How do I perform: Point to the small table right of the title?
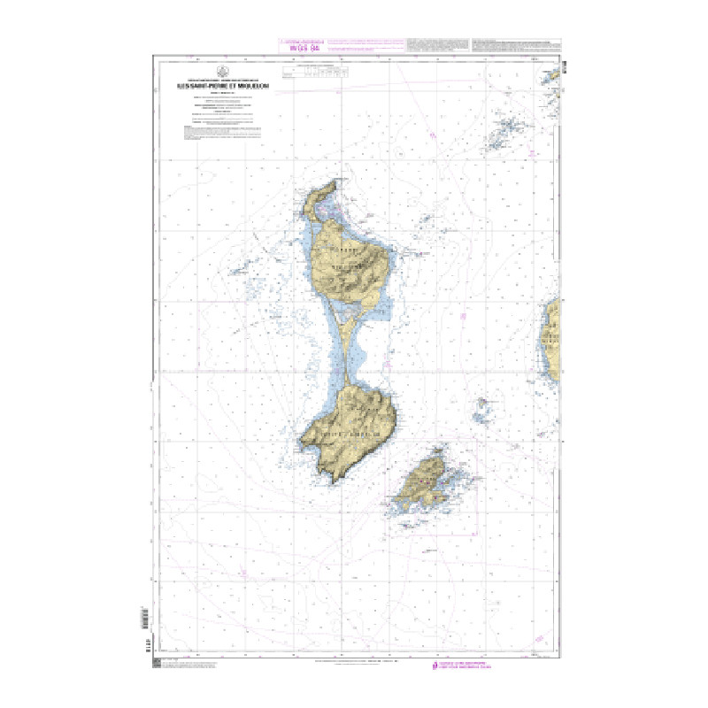click(x=315, y=73)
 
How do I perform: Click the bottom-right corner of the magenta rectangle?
click(x=478, y=535)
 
